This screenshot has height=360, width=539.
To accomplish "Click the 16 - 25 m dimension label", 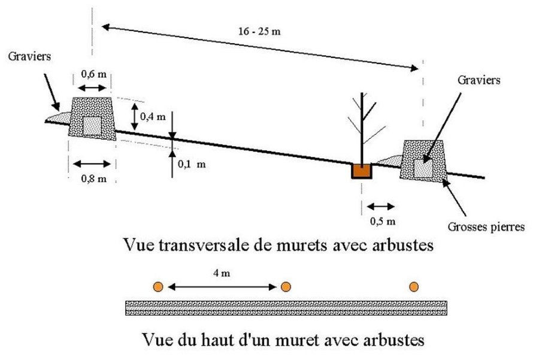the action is (x=259, y=32).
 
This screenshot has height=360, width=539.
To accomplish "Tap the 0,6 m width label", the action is (x=94, y=74).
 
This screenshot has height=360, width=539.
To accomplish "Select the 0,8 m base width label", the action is (x=94, y=179).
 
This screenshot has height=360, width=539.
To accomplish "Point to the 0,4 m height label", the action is (x=153, y=117).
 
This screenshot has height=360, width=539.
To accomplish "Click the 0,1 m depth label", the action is (x=192, y=164).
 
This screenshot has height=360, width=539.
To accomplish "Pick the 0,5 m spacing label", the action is (x=383, y=222).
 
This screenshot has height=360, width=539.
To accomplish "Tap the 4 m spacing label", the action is (x=222, y=273).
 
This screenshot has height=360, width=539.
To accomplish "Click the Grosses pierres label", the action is (x=486, y=227).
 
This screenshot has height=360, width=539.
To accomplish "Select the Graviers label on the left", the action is (x=29, y=56).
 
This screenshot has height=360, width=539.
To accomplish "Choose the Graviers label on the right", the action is (x=479, y=80).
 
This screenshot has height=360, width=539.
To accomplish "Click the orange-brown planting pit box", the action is (x=362, y=171).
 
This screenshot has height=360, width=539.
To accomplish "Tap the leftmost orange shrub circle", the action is (x=158, y=287).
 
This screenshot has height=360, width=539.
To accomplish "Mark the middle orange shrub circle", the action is (x=286, y=287).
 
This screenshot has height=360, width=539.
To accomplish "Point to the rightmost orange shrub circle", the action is (x=414, y=287).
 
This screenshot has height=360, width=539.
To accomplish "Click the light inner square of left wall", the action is (x=92, y=126).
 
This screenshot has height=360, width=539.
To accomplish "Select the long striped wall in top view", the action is (x=286, y=308).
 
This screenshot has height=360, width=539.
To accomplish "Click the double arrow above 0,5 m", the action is (x=381, y=207).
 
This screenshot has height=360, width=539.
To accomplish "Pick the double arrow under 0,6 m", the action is (x=92, y=88).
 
